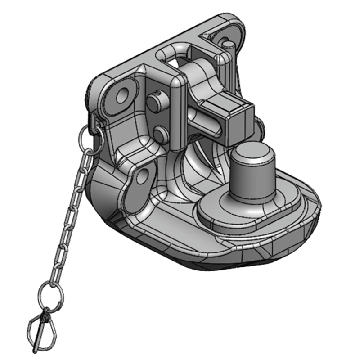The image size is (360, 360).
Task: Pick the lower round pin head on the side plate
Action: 158,134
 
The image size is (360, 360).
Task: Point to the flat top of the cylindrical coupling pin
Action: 252,153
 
